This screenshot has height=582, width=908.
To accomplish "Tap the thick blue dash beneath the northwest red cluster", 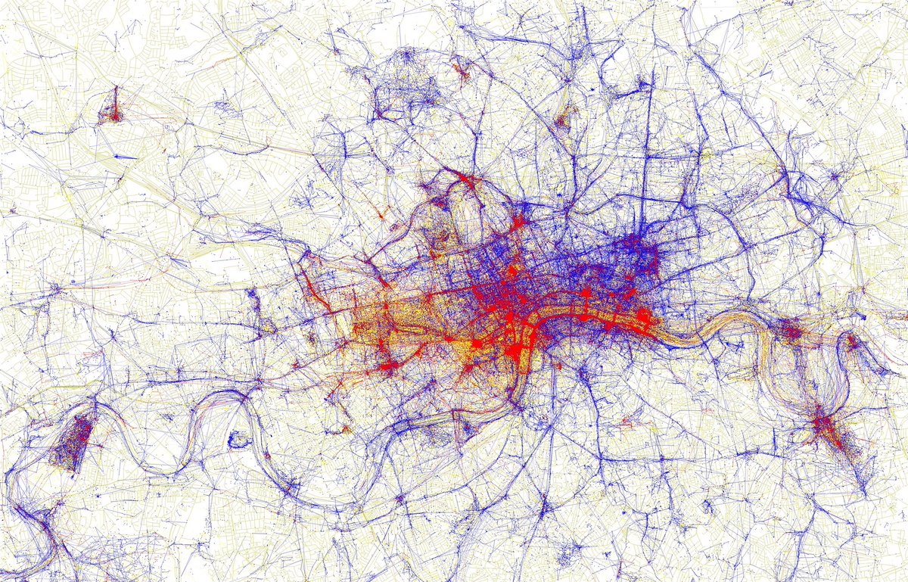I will click(x=125, y=157).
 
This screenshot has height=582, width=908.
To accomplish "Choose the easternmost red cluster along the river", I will click(x=852, y=342).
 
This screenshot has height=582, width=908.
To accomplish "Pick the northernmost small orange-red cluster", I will click(x=461, y=73).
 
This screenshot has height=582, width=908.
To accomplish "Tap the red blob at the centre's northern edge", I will click(x=520, y=224).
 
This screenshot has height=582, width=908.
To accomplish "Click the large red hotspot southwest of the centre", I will click(x=390, y=366).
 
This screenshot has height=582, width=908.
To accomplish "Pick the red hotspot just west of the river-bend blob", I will click(x=477, y=345).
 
